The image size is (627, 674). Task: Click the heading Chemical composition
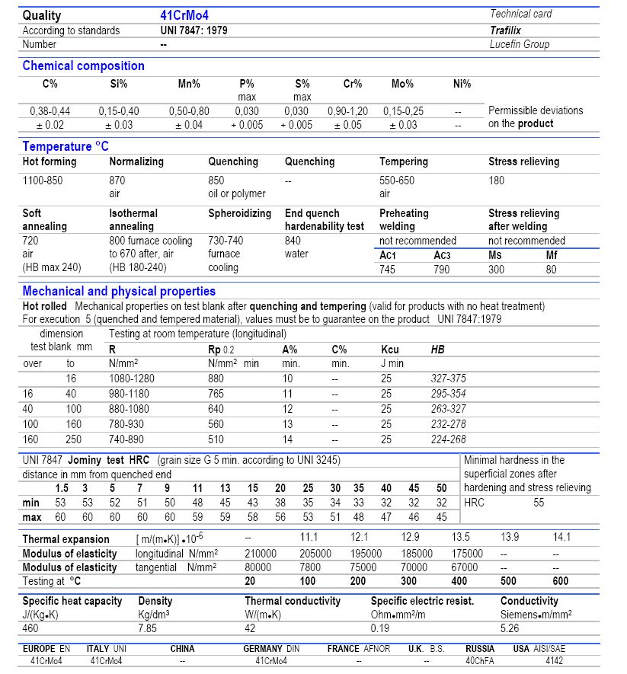pos(83,65)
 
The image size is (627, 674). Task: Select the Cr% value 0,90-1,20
pos(347,110)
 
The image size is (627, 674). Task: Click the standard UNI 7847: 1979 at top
pos(194,30)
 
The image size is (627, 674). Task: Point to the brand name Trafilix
pos(505,30)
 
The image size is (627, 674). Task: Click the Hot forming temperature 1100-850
pos(45,180)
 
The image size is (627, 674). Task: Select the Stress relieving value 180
pos(497,180)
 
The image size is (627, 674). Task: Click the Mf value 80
pos(551,269)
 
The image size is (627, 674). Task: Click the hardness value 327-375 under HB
pos(448,378)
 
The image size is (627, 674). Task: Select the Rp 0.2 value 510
pos(217,439)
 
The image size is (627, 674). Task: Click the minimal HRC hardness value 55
pos(539,503)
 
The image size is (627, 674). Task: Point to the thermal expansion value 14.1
pos(561,537)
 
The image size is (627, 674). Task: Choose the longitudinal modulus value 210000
pos(260,554)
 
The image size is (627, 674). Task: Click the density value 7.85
pos(147,628)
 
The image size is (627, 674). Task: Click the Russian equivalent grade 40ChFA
pos(480,661)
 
